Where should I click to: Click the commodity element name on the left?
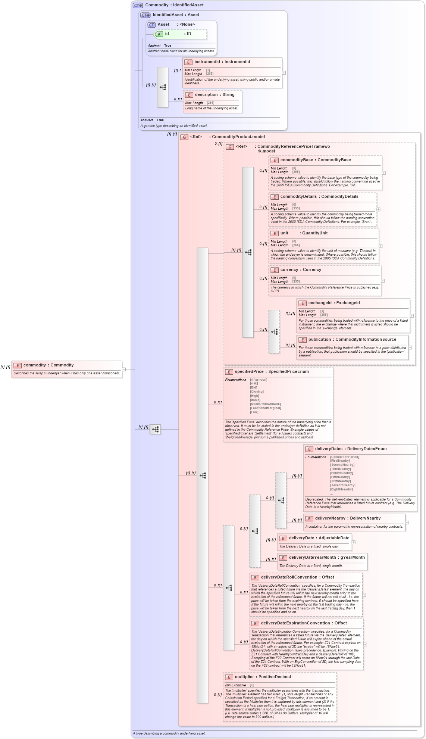[x=48, y=365]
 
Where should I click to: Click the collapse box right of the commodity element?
[x=124, y=369]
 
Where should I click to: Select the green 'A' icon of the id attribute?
[x=159, y=34]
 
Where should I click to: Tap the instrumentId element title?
[x=222, y=62]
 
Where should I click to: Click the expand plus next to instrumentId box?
[x=284, y=73]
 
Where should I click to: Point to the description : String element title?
[x=214, y=95]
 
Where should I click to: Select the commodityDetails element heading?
[x=319, y=197]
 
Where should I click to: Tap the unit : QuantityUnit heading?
[x=304, y=233]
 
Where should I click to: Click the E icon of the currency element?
[x=275, y=270]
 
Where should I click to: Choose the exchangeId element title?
[x=334, y=303]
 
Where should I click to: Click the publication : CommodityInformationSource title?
[x=352, y=340]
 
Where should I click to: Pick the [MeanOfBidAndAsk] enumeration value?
[x=265, y=404]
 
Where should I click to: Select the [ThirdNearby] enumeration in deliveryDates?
[x=340, y=469]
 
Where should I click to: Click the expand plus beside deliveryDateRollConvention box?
[x=364, y=595]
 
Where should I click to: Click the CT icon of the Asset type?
[x=151, y=25]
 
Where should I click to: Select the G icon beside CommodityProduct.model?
[x=184, y=137]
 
